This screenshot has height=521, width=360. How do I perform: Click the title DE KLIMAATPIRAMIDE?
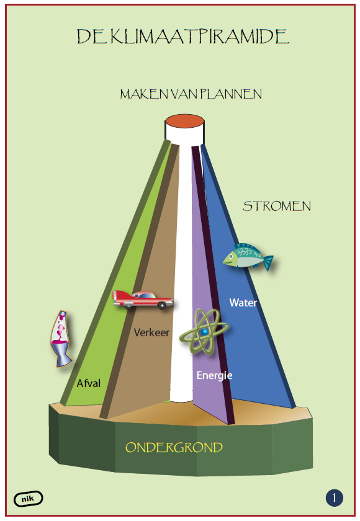pos(183,37)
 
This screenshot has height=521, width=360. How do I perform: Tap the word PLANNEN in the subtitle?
pos(231,94)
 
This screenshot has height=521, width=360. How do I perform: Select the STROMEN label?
pos(277,207)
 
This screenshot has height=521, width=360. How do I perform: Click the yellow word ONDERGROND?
pos(174,447)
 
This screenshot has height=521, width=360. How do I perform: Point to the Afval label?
pos(88,383)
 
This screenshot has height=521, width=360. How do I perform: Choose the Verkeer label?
pos(151,332)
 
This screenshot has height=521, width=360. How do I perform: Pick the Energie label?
pos(214,375)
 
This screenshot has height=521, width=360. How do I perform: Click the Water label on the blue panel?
pos(243,303)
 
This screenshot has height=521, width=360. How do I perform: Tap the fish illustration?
pos(248,256)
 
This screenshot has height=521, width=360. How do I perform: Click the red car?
pos(142,300)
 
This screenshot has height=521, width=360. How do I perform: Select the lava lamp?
pos(61,338)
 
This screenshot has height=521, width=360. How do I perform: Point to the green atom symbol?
pos(204,332)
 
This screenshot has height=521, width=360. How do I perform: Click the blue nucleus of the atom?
pos(204,332)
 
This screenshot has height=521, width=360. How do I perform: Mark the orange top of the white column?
pos(185,120)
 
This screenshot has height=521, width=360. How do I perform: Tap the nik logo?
pos(29,499)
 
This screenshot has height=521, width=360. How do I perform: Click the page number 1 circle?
pos(335,498)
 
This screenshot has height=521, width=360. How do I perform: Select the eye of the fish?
pos(230,257)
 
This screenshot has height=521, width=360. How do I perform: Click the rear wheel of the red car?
pos(162,305)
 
